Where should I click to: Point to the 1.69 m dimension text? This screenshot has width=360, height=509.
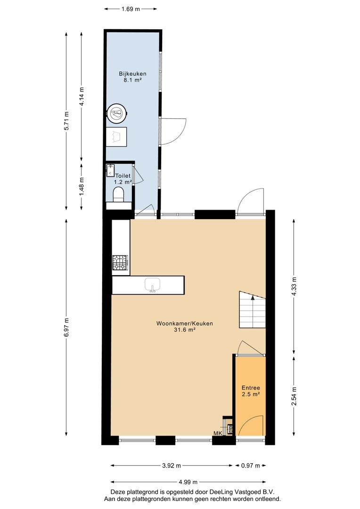tap(131, 9)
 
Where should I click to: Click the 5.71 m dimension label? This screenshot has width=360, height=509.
tap(66, 121)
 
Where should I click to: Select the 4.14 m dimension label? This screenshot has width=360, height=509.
tap(82, 97)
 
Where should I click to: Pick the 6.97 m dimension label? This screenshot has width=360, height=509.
tap(66, 327)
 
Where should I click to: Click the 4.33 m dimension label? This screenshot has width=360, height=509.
tap(294, 286)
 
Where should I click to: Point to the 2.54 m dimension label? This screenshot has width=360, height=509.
tap(294, 396)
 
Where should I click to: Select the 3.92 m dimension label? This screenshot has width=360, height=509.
tap(172, 466)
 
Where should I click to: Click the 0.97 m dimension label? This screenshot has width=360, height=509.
tap(250, 466)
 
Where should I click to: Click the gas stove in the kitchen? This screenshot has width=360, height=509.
tap(121, 263)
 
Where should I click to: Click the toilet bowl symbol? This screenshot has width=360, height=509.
tap(118, 196)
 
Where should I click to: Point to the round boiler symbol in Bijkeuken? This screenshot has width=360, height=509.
tap(117, 113)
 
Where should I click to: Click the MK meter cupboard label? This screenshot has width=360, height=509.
tap(218, 433)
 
